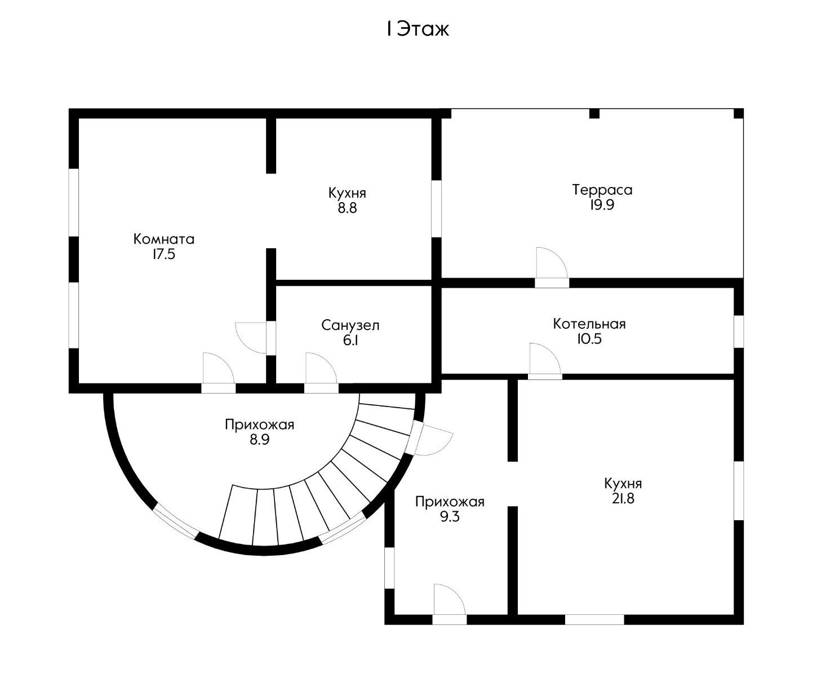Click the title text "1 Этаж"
click(418, 29)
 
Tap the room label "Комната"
click(164, 239)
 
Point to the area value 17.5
click(164, 254)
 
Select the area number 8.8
click(347, 208)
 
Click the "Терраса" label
click(602, 190)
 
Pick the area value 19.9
click(602, 205)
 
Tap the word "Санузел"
click(350, 325)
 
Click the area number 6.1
click(350, 340)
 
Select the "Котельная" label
click(589, 324)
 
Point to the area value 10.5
click(589, 339)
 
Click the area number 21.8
click(623, 498)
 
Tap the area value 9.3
click(450, 516)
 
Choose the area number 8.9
click(260, 440)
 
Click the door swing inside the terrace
click(551, 262)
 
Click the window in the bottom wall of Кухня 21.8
click(594, 619)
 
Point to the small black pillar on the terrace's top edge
click(594, 113)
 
